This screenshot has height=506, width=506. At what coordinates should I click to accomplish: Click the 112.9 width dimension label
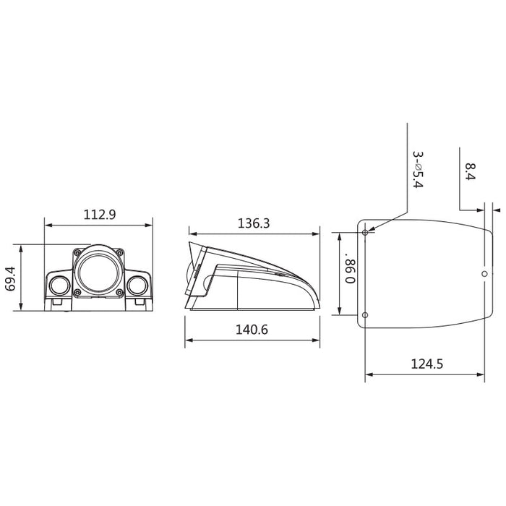click(100, 215)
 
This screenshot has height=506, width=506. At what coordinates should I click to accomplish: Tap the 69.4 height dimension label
click(11, 279)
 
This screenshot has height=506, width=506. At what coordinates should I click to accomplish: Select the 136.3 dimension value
click(253, 223)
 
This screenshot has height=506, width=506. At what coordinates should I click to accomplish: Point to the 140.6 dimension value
click(252, 330)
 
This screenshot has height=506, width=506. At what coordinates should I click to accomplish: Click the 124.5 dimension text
click(427, 364)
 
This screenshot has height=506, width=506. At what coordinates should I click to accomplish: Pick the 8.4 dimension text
click(471, 171)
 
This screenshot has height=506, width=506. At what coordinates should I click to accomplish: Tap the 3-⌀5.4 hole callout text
click(418, 170)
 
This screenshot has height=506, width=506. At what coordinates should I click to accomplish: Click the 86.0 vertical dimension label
click(350, 270)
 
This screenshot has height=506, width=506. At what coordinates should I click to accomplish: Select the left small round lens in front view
click(60, 286)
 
